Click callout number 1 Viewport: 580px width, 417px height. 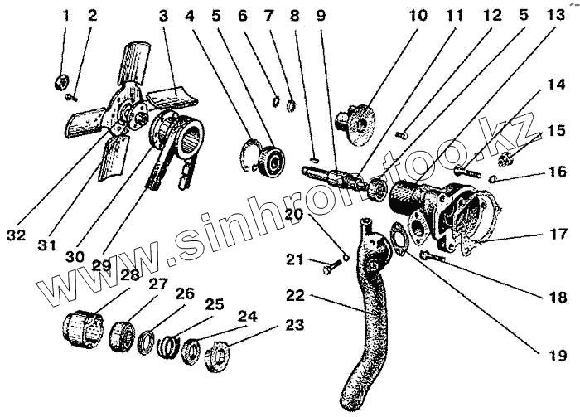(66, 16)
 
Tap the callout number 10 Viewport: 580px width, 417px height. (417, 16)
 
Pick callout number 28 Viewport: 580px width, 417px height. (129, 274)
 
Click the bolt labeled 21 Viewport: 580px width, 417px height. (330, 266)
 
